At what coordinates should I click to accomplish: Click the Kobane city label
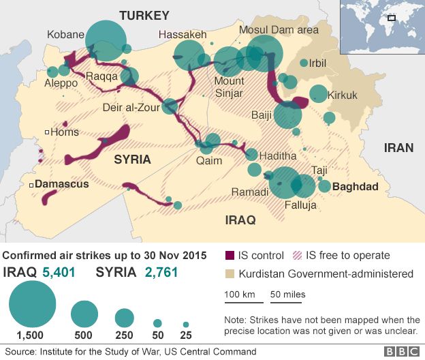[x=65, y=35]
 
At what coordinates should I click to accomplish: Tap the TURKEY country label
[x=144, y=15]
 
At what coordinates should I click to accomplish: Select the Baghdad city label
[x=356, y=186]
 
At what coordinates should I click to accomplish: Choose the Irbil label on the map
[x=317, y=63]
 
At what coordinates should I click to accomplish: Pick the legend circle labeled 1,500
[x=33, y=304]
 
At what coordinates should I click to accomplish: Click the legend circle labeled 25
[x=185, y=325]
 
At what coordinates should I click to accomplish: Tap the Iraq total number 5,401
[x=59, y=273]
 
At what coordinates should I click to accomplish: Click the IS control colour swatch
[x=230, y=256]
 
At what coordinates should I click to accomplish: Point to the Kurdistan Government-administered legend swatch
[x=230, y=274]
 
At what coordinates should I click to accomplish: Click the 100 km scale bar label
[x=239, y=295]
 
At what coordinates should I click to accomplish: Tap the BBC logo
[x=402, y=352]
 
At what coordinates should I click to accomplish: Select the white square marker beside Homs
[x=46, y=132]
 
